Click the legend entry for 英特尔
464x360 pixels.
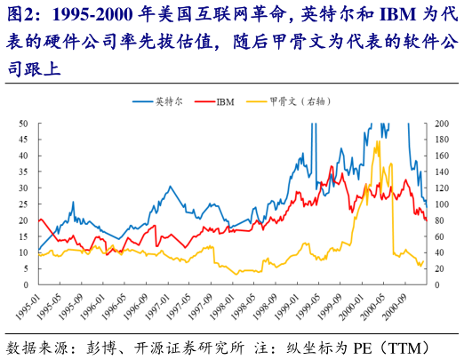coord(166,103)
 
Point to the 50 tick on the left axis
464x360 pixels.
coord(23,124)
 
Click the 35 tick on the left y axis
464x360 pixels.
coord(23,172)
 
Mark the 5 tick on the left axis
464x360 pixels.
coord(26,268)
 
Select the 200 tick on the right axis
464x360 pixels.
coord(442,124)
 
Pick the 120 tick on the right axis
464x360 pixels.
coord(442,188)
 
